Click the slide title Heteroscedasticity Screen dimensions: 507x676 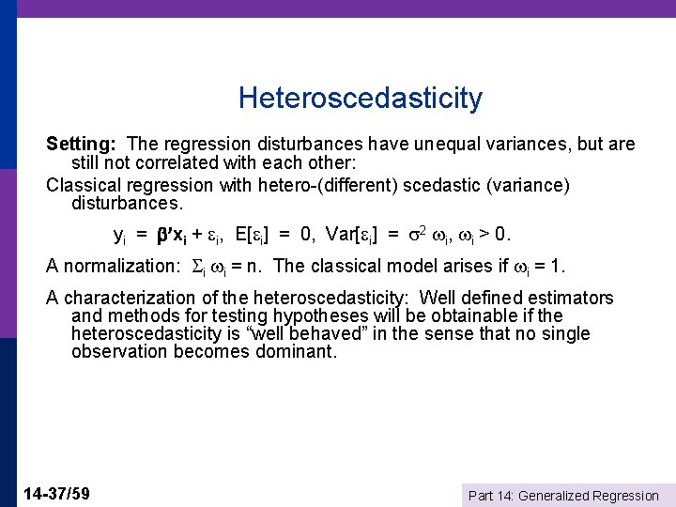pos(361,98)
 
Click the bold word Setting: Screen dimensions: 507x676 pos(81,145)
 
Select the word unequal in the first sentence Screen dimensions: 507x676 pos(437,145)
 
